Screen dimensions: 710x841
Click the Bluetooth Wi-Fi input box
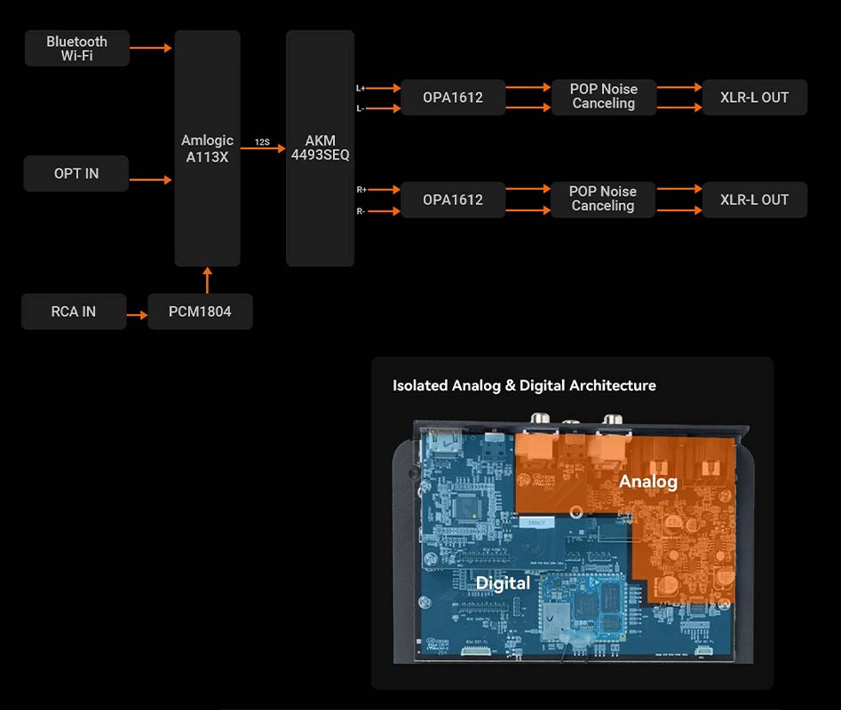[x=76, y=49]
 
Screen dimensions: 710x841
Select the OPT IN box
[x=76, y=174]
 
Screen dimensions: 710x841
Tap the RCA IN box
[x=74, y=312]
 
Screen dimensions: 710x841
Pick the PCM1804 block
[x=200, y=312]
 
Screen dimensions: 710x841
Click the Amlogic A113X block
[x=207, y=148]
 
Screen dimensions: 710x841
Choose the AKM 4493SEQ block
[x=320, y=148]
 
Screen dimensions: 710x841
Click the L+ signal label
[x=361, y=88]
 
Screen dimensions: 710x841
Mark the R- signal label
[x=361, y=211]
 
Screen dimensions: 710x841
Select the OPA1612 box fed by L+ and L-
[x=453, y=98]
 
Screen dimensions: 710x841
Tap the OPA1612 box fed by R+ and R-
[x=453, y=200]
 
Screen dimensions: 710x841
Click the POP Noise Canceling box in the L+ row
[x=603, y=97]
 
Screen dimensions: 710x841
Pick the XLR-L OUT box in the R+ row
[x=754, y=200]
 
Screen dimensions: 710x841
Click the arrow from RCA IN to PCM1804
[x=138, y=315]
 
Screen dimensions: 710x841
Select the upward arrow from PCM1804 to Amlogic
[x=208, y=280]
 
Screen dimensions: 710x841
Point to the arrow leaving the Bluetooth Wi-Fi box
[x=151, y=48]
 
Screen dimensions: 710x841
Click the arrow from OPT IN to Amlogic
[x=151, y=180]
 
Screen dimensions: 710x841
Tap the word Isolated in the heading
[x=420, y=385]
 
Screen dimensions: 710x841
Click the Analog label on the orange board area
[x=648, y=481]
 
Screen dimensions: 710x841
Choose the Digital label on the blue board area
[x=503, y=582]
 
